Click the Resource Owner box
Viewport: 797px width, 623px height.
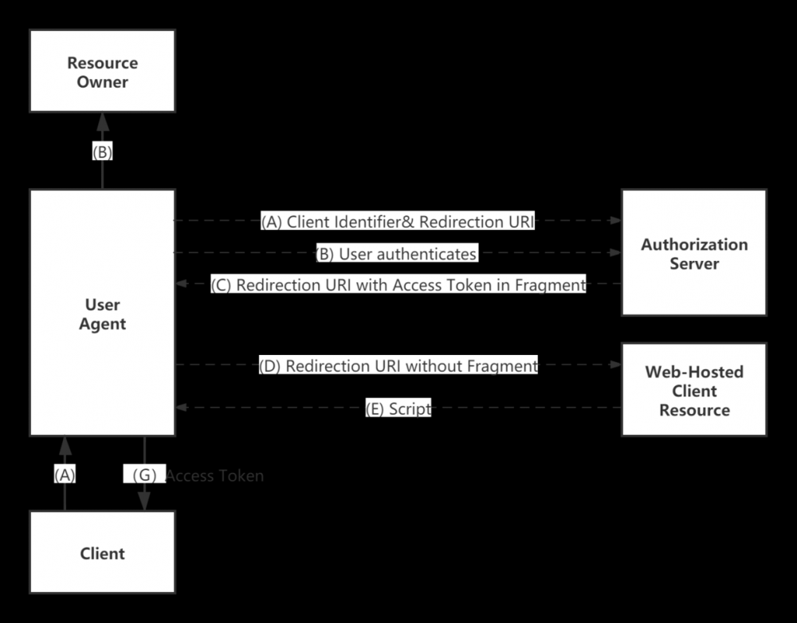(102, 71)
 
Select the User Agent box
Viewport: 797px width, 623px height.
(102, 313)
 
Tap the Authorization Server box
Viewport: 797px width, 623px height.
(693, 253)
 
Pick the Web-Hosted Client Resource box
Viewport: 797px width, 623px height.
(693, 390)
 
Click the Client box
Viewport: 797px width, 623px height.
(102, 552)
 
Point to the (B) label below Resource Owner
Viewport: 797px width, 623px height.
(102, 152)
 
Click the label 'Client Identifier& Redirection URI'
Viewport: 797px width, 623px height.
(397, 222)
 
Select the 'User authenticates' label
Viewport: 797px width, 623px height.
(396, 254)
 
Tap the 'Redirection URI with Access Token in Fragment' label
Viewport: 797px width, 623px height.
(398, 285)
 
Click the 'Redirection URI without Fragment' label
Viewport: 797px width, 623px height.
(398, 366)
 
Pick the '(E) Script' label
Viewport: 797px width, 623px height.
(398, 409)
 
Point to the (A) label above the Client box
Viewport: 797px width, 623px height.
(65, 475)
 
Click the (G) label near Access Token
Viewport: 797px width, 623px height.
(144, 475)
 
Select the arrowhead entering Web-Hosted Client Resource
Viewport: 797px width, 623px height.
(614, 365)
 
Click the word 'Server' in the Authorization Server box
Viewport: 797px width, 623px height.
(693, 263)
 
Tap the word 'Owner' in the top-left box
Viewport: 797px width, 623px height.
(102, 81)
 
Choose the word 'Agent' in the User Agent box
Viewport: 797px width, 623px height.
(102, 323)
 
